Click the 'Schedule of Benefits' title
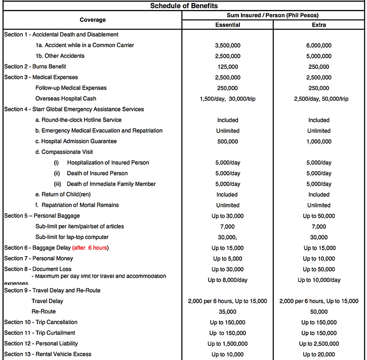click(184, 6)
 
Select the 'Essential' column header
click(227, 24)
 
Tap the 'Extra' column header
click(319, 24)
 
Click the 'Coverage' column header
click(93, 20)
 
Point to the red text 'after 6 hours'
click(90, 248)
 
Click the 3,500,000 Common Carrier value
click(227, 46)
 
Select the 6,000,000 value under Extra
click(319, 46)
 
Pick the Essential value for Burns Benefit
click(227, 67)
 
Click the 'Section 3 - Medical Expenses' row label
click(41, 77)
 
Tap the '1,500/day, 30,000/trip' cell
click(227, 99)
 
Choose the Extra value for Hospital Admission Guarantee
click(319, 141)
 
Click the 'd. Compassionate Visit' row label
click(64, 152)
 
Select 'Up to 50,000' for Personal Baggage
click(319, 216)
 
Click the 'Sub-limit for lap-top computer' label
click(72, 237)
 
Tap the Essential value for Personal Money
click(227, 259)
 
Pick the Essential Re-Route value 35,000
click(227, 311)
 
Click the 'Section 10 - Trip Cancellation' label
click(40, 322)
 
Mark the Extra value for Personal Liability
click(319, 343)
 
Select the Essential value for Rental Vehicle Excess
click(227, 354)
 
